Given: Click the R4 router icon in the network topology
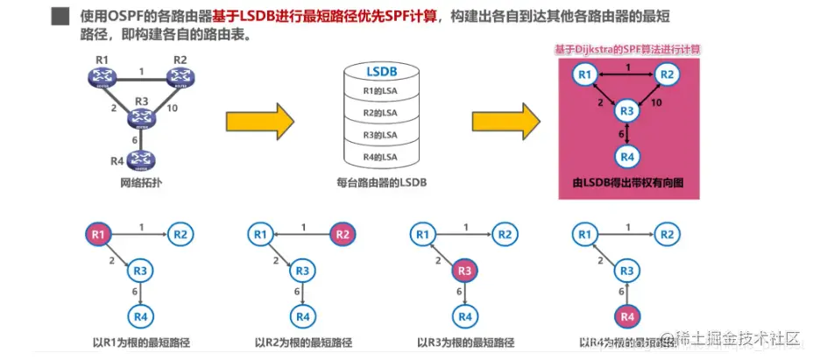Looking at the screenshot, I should pos(138,159).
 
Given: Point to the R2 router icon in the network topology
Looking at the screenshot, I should pos(180,77).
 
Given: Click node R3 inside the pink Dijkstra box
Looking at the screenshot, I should pos(625,111).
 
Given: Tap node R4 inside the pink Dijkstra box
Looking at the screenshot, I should pos(625,156).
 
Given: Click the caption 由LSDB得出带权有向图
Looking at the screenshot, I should pos(625,184).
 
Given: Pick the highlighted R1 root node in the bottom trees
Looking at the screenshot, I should pos(98,234).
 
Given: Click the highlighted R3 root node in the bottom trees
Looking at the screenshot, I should pos(465,271).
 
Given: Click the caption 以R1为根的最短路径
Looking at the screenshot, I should pos(138,342).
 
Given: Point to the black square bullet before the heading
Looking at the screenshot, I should pos(60,17).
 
